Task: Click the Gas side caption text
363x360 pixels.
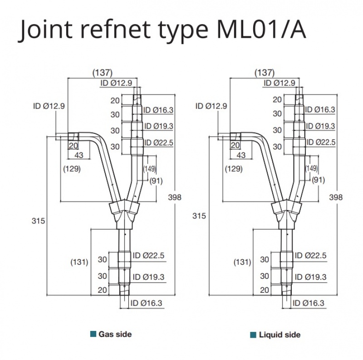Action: (x=115, y=334)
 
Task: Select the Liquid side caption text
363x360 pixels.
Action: (x=280, y=335)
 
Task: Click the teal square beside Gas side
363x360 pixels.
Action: (x=93, y=335)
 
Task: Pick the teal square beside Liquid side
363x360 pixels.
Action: (x=253, y=335)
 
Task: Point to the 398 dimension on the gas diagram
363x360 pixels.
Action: (x=174, y=197)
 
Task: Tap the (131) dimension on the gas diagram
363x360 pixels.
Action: (x=78, y=262)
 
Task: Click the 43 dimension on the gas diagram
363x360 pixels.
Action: (x=78, y=155)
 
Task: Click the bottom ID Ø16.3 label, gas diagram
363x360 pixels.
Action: (x=146, y=303)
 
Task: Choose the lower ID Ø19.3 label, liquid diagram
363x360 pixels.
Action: (x=310, y=276)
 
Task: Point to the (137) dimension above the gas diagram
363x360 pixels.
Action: (x=102, y=72)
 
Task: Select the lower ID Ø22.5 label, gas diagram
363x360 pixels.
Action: (x=148, y=256)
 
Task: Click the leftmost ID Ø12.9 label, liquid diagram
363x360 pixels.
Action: (x=211, y=106)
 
